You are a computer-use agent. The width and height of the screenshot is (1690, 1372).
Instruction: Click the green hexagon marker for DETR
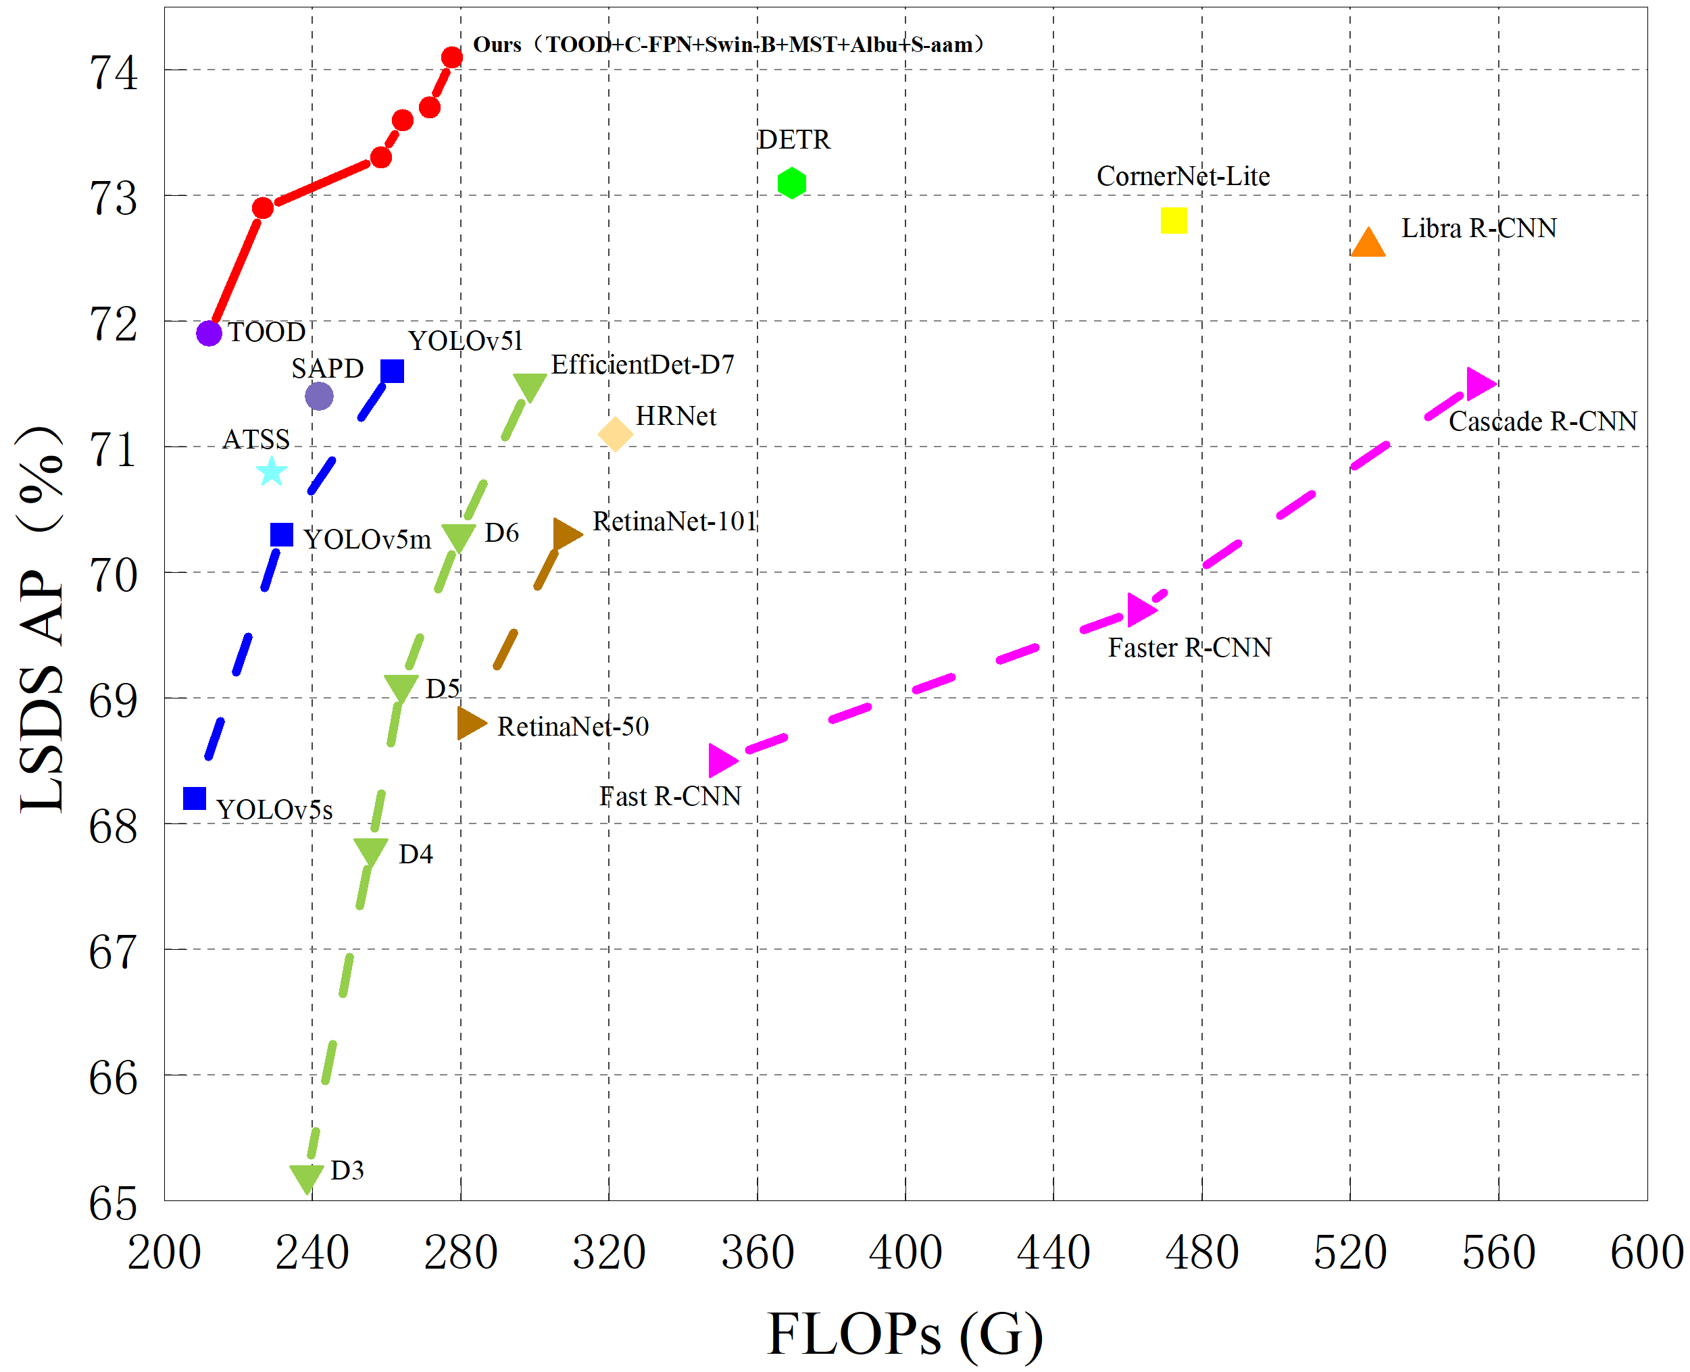pyautogui.click(x=791, y=183)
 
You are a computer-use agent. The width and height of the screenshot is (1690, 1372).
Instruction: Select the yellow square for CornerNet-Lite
pyautogui.click(x=1173, y=220)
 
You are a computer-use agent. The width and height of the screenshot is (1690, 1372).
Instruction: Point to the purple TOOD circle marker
pyautogui.click(x=209, y=334)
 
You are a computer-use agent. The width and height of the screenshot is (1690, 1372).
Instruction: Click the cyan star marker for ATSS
pyautogui.click(x=271, y=472)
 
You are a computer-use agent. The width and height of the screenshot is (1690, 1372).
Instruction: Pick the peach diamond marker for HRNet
pyautogui.click(x=615, y=434)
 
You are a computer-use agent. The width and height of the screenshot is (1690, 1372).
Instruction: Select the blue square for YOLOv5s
pyautogui.click(x=195, y=798)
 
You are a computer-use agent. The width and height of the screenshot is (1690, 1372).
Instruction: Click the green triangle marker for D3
pyautogui.click(x=307, y=1176)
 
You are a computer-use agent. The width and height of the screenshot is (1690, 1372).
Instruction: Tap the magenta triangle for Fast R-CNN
pyautogui.click(x=721, y=760)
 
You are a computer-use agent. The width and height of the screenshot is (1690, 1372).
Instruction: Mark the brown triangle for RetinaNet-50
pyautogui.click(x=470, y=723)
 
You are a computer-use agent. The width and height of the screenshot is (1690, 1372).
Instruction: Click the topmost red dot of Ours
pyautogui.click(x=452, y=57)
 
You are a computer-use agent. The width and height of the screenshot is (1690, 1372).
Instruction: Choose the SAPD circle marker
pyautogui.click(x=318, y=396)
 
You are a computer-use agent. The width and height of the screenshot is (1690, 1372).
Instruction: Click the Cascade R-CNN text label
pyautogui.click(x=1542, y=422)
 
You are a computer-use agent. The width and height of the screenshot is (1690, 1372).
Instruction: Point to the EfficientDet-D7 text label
pyautogui.click(x=642, y=364)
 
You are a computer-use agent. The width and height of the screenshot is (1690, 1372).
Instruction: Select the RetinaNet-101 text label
pyautogui.click(x=674, y=522)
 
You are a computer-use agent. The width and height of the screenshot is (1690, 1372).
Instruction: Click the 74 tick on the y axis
pyautogui.click(x=113, y=74)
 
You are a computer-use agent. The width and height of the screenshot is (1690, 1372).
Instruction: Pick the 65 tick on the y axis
pyautogui.click(x=113, y=1204)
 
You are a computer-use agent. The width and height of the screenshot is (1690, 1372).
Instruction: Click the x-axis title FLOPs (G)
pyautogui.click(x=905, y=1334)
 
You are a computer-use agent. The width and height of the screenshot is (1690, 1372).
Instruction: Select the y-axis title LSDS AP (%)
pyautogui.click(x=41, y=618)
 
